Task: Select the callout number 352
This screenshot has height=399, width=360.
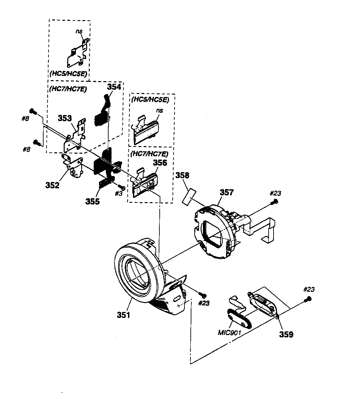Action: pyautogui.click(x=52, y=185)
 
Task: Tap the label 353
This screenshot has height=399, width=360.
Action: pyautogui.click(x=65, y=118)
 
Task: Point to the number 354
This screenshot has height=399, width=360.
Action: pyautogui.click(x=114, y=87)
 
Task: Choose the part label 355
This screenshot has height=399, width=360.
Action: pyautogui.click(x=92, y=201)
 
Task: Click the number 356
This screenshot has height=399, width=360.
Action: pyautogui.click(x=160, y=163)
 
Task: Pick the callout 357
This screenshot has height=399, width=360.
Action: pyautogui.click(x=226, y=192)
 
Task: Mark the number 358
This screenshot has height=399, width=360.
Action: pyautogui.click(x=182, y=175)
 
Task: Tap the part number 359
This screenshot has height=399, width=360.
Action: pyautogui.click(x=286, y=335)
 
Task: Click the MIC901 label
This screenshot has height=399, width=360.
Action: pyautogui.click(x=229, y=333)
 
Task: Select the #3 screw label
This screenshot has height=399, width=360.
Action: pyautogui.click(x=118, y=193)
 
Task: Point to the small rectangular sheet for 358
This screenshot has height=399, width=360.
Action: pyautogui.click(x=189, y=196)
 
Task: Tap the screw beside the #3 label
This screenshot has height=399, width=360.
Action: pyautogui.click(x=121, y=187)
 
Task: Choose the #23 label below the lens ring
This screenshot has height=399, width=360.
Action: pyautogui.click(x=204, y=303)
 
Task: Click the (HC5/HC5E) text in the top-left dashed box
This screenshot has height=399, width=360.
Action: pyautogui.click(x=68, y=74)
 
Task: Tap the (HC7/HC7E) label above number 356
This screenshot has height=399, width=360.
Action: pyautogui.click(x=149, y=154)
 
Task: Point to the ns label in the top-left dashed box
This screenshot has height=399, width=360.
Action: pyautogui.click(x=79, y=31)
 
